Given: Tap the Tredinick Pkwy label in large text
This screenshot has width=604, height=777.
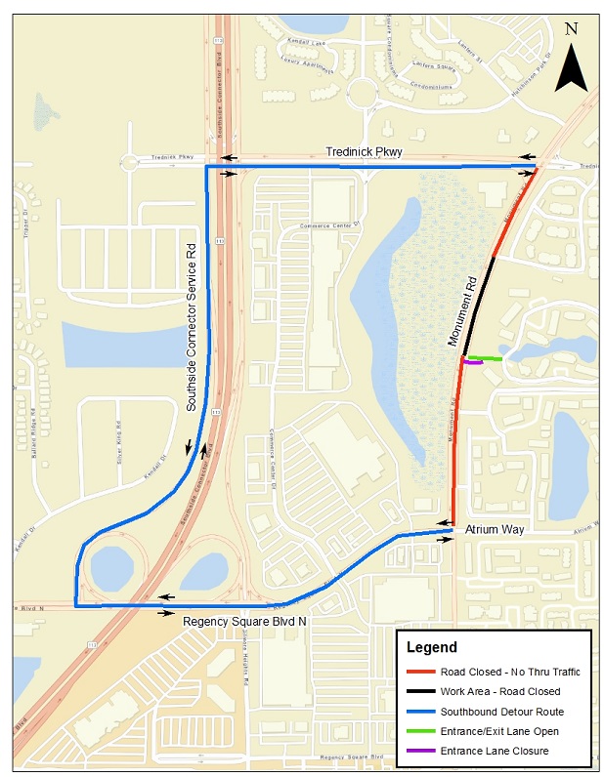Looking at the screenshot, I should click(364, 152).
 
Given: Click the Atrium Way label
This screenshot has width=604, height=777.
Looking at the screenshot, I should click(495, 529).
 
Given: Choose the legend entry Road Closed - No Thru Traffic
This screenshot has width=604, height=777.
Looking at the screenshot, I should click(510, 672).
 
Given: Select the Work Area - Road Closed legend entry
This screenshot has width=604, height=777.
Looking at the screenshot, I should click(500, 691).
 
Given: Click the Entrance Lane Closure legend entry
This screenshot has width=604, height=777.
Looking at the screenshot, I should click(494, 750).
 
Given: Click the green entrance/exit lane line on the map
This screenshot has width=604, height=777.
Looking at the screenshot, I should click(486, 359).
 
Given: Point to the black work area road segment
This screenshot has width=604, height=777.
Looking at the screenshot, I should click(480, 303).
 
